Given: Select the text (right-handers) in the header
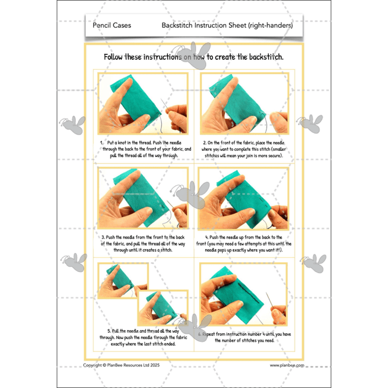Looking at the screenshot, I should point(270,25).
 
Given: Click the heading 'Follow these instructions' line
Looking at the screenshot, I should point(194,57).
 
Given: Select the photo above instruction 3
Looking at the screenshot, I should point(143,200).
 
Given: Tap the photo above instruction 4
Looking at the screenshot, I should point(244,200).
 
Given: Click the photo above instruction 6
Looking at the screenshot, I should point(244,294).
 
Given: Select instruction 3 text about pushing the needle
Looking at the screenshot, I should point(143,244).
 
